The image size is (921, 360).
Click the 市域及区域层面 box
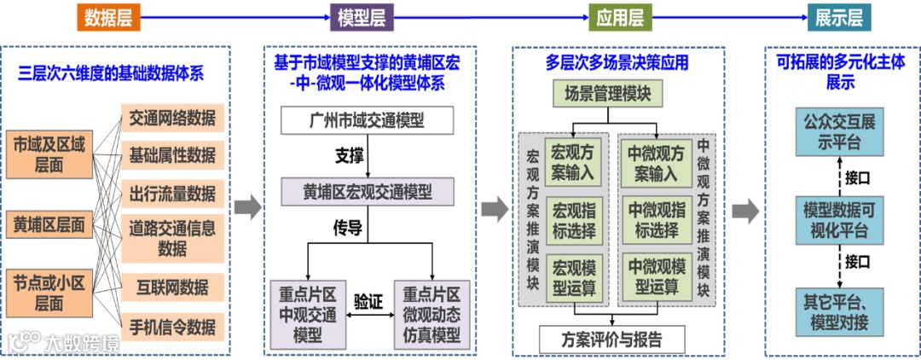(x=49, y=154)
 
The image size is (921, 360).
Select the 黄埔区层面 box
(x=49, y=226)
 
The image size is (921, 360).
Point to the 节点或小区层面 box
(x=49, y=292)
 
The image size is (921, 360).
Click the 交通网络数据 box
(x=172, y=118)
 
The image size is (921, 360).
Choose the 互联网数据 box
(x=172, y=286)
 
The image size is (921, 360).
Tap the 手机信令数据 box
(x=172, y=326)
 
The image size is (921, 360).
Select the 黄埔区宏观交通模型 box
(x=368, y=191)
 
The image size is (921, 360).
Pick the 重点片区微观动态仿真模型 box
(x=431, y=313)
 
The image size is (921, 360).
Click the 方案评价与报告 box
(x=611, y=338)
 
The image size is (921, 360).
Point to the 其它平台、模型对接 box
(x=838, y=311)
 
